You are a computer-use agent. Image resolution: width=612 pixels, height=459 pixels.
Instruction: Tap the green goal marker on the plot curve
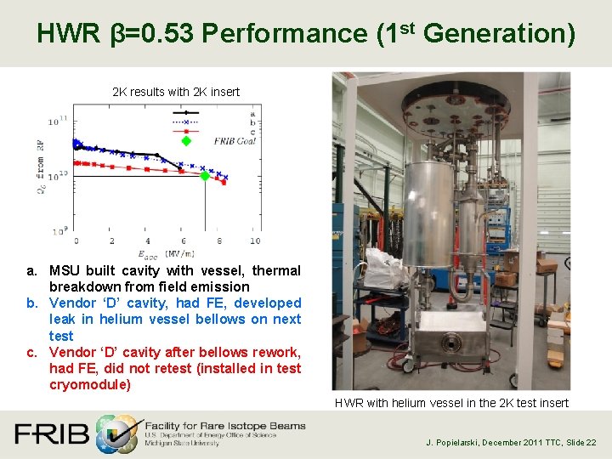[204, 176]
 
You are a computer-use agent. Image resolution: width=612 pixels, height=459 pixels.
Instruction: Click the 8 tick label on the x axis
[219, 241]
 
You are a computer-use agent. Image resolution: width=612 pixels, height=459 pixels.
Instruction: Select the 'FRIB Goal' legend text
[230, 141]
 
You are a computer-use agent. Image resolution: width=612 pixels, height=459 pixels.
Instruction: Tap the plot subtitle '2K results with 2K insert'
[176, 92]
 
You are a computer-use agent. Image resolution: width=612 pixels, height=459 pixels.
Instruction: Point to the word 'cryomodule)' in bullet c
[89, 384]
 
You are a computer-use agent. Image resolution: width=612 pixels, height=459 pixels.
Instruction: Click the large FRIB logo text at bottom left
[51, 433]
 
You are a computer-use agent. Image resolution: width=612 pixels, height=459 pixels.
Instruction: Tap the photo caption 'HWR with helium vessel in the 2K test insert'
[451, 403]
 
